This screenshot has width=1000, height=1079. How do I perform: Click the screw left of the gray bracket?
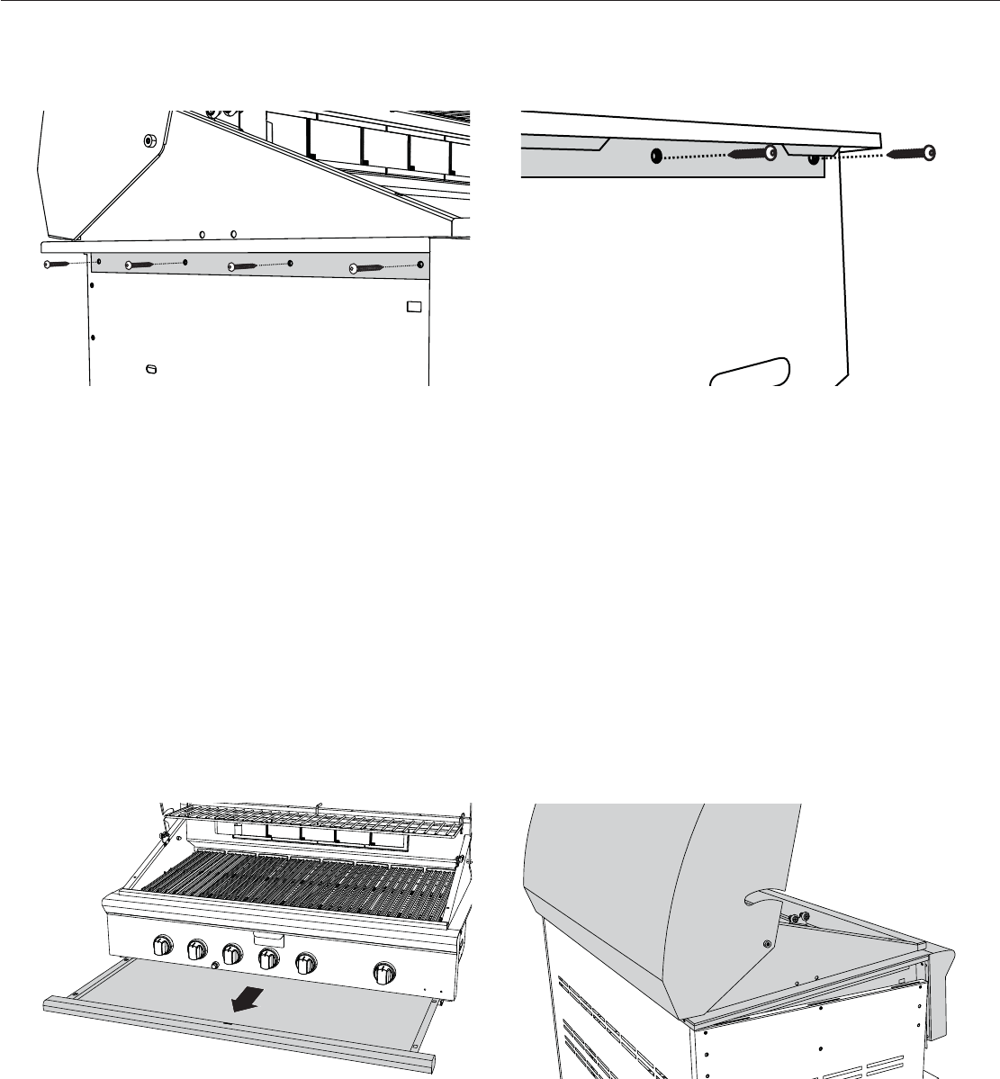pyautogui.click(x=54, y=265)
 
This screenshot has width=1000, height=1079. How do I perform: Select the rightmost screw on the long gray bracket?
pyautogui.click(x=368, y=267)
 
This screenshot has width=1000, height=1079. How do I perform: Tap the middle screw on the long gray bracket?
pyautogui.click(x=243, y=266)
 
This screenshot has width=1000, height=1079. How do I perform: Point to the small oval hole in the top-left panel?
pyautogui.click(x=151, y=369)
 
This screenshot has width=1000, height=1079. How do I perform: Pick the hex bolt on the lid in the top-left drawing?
pyautogui.click(x=149, y=140)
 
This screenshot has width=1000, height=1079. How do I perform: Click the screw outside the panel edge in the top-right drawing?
pyautogui.click(x=911, y=154)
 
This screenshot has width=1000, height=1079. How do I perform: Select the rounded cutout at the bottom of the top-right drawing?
pyautogui.click(x=749, y=372)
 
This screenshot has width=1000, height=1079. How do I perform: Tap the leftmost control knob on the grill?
pyautogui.click(x=163, y=946)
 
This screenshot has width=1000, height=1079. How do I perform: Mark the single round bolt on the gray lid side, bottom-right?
pyautogui.click(x=766, y=945)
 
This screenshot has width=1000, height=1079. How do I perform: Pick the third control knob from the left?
pyautogui.click(x=232, y=954)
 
